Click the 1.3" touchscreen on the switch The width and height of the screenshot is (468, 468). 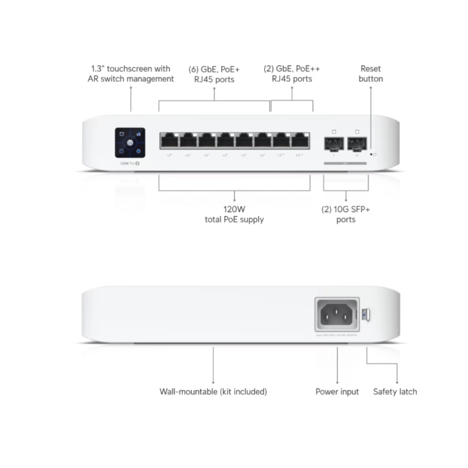click(130, 143)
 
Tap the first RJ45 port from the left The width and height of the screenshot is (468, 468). click(168, 140)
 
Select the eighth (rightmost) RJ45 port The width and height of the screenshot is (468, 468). click(300, 140)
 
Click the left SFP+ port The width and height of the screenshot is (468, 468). click(334, 142)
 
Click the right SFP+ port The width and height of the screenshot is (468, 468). click(357, 142)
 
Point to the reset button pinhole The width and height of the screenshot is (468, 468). click(371, 154)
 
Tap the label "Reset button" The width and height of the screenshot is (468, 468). click(371, 74)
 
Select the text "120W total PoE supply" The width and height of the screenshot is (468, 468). click(234, 214)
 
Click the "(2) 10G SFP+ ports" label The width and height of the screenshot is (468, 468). click(346, 214)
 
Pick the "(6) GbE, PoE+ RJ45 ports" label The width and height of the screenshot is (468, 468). click(214, 74)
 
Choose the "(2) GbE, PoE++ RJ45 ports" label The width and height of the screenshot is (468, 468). click(292, 74)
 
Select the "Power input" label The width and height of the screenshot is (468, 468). click(337, 392)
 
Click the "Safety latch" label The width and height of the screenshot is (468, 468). click(395, 392)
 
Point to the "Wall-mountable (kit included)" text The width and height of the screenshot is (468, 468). click(213, 392)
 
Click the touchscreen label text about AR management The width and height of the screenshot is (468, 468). click(131, 74)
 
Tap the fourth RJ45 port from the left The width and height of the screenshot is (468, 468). click(225, 140)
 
